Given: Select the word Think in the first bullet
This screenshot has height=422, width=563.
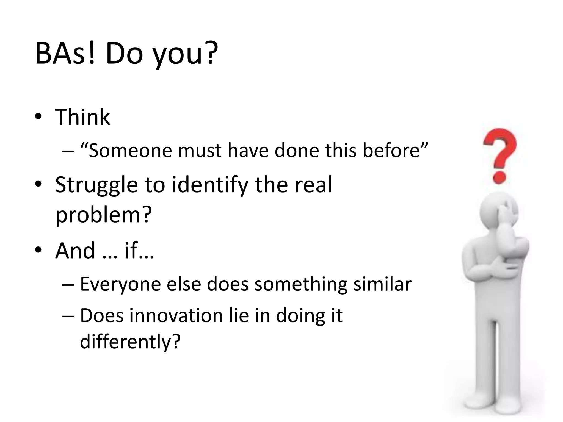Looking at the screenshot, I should click(82, 117).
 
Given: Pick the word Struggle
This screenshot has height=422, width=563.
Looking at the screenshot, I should click(96, 185).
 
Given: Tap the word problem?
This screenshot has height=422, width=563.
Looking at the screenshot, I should click(103, 215).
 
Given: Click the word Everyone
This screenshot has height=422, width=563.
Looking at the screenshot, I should click(120, 284).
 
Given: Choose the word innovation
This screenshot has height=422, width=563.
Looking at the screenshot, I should click(176, 316).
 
